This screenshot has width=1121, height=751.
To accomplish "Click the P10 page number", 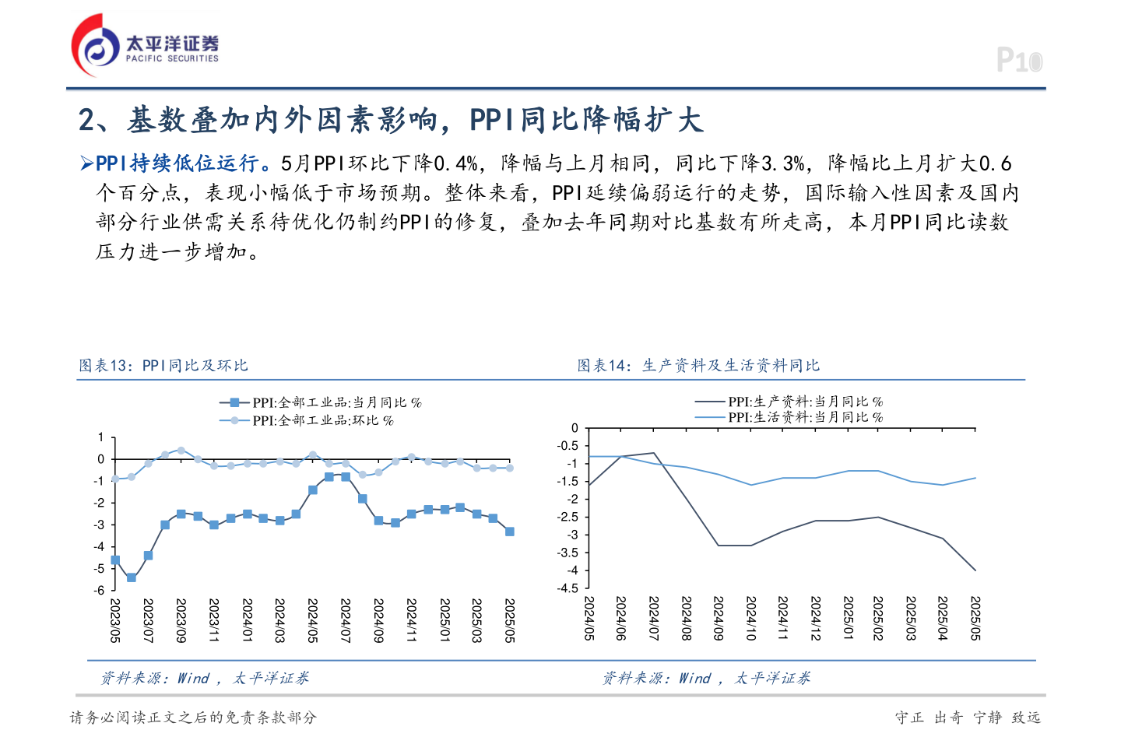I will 1019,61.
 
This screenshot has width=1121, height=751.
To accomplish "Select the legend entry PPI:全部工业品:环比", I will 322,420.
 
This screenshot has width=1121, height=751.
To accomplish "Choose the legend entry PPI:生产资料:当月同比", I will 805,402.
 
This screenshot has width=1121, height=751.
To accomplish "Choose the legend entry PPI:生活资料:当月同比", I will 805,417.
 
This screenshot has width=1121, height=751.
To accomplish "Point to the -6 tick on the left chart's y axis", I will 100,591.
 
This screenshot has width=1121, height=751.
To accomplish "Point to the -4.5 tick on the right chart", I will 568,588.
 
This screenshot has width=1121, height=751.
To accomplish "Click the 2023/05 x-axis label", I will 115,620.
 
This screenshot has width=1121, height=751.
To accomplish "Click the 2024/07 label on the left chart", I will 346,620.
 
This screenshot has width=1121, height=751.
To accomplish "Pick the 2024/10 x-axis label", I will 751,619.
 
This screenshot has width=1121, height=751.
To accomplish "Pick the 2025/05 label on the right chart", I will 975,619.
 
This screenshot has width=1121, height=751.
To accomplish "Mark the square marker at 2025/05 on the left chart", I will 510,532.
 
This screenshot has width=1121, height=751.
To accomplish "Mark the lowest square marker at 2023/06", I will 132,577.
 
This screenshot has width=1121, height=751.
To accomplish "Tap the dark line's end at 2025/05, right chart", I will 975,570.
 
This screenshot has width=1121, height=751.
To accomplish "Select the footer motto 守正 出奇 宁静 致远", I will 968,718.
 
